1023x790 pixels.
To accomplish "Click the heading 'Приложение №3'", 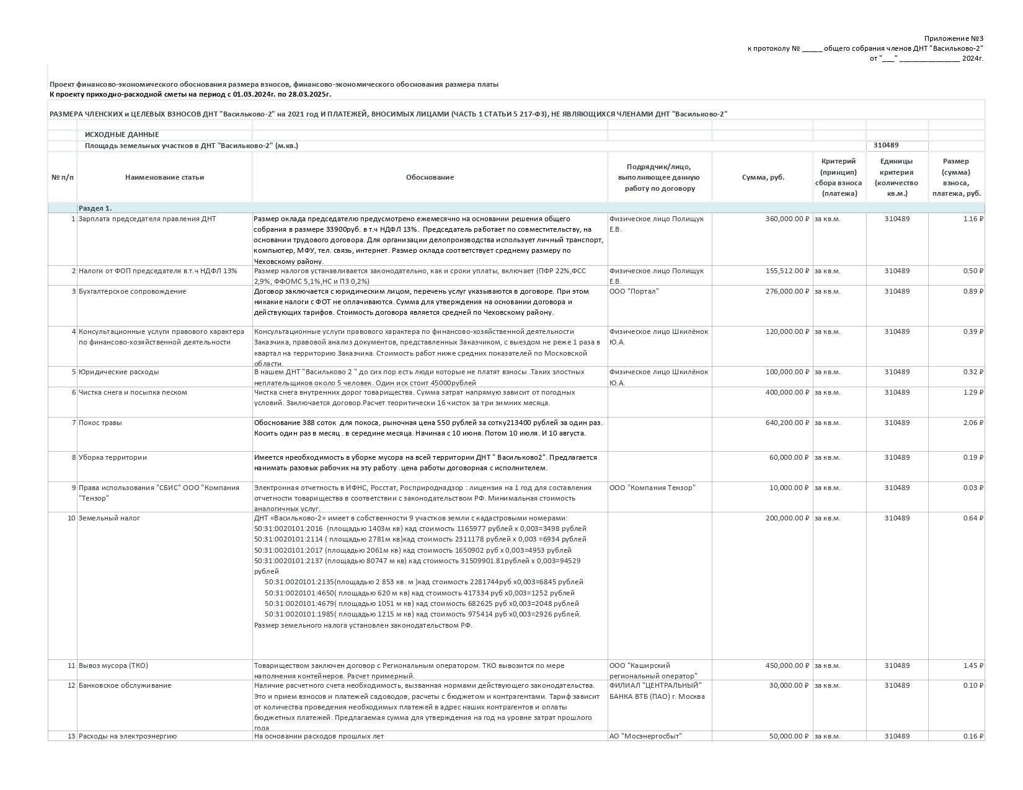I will (954, 38).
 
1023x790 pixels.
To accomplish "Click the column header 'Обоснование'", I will (430, 177).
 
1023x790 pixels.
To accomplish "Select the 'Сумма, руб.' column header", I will (763, 177).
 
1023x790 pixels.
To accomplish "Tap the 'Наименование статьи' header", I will (164, 177).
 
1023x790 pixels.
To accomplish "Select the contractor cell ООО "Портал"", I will (634, 291).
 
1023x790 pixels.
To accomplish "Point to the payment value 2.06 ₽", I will (973, 423).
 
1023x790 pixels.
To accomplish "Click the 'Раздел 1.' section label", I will (95, 208).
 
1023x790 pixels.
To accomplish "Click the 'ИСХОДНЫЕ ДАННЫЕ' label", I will (122, 134).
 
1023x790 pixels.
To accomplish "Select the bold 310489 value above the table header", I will (886, 145).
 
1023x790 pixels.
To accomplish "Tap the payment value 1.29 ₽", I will (973, 392).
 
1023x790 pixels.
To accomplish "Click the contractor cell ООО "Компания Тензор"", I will (652, 488).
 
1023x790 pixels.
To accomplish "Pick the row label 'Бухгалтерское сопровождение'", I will (132, 291).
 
